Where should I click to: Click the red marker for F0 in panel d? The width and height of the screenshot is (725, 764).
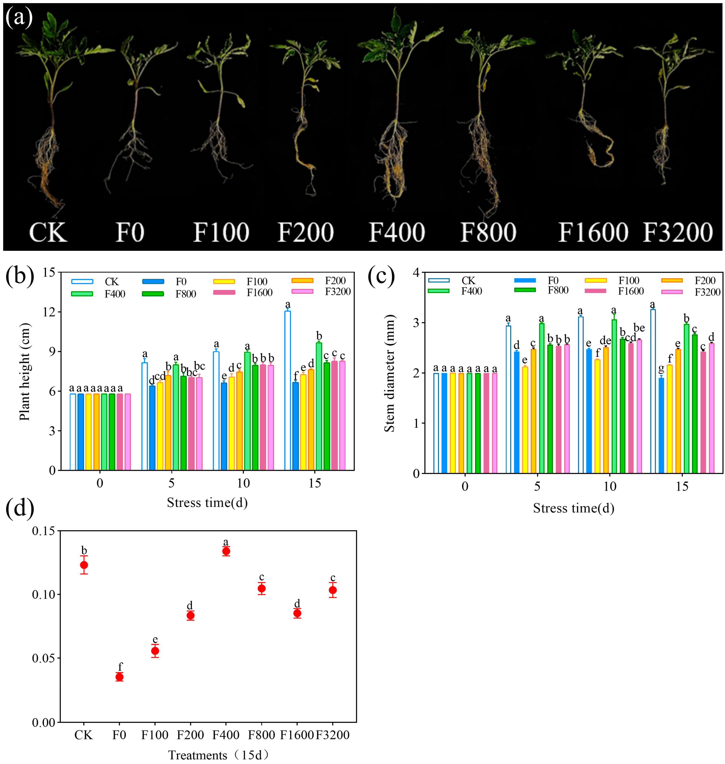(x=119, y=677)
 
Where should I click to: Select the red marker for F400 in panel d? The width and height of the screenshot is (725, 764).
(x=226, y=551)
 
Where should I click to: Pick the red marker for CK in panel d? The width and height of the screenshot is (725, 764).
(x=84, y=565)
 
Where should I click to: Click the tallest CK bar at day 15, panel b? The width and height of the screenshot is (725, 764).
(x=288, y=390)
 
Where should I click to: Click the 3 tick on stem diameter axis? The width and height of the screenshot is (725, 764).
(x=416, y=323)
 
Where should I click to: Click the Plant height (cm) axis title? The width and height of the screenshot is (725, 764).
(x=25, y=372)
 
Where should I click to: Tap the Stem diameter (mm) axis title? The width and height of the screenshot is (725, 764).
(x=389, y=373)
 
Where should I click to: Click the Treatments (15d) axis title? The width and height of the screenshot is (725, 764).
(x=218, y=755)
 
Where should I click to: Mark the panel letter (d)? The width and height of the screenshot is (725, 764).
(x=20, y=508)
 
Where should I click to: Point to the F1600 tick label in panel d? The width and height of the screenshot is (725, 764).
(x=297, y=735)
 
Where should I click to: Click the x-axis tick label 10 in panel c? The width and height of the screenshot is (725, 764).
(x=610, y=486)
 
